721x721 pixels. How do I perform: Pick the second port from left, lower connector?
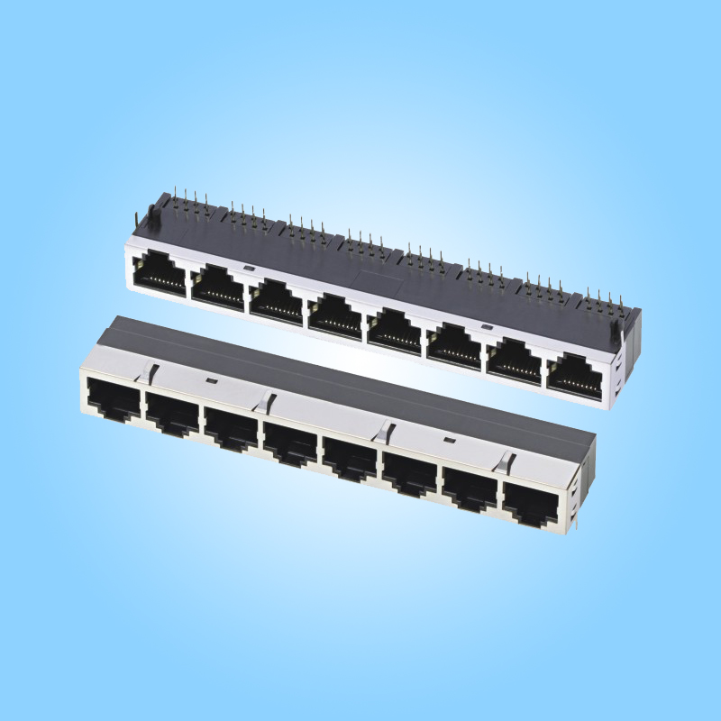(x=171, y=414)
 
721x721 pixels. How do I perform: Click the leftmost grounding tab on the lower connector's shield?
(x=151, y=370)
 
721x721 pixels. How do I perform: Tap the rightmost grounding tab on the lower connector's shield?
(x=501, y=461)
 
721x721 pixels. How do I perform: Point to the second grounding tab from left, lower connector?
(x=267, y=399)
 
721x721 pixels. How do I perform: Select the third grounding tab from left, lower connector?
(x=386, y=431)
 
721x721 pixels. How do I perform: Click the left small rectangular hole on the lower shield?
(x=210, y=381)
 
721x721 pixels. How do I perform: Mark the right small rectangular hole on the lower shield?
(x=448, y=440)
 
